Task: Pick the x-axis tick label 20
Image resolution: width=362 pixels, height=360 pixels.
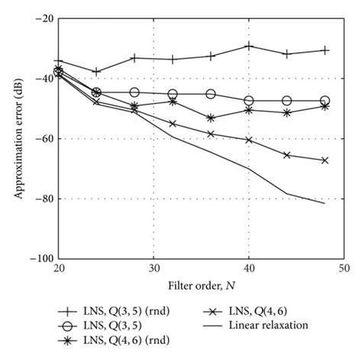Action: coord(59,268)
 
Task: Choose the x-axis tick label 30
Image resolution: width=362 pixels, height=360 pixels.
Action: coord(154,268)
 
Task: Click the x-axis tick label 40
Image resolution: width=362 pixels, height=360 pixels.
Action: coord(248,268)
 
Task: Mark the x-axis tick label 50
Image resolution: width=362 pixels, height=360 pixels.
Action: coord(343,268)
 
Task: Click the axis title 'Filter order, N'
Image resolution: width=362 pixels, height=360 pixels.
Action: coord(201,285)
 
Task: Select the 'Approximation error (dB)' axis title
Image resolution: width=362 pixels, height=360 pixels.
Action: coord(17,138)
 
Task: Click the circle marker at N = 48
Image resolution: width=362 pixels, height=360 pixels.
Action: coord(325,101)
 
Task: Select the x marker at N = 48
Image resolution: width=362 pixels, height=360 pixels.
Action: coord(325,161)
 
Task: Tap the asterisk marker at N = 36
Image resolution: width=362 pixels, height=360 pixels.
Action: coord(211,118)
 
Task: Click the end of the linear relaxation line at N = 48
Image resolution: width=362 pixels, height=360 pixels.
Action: coord(325,203)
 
